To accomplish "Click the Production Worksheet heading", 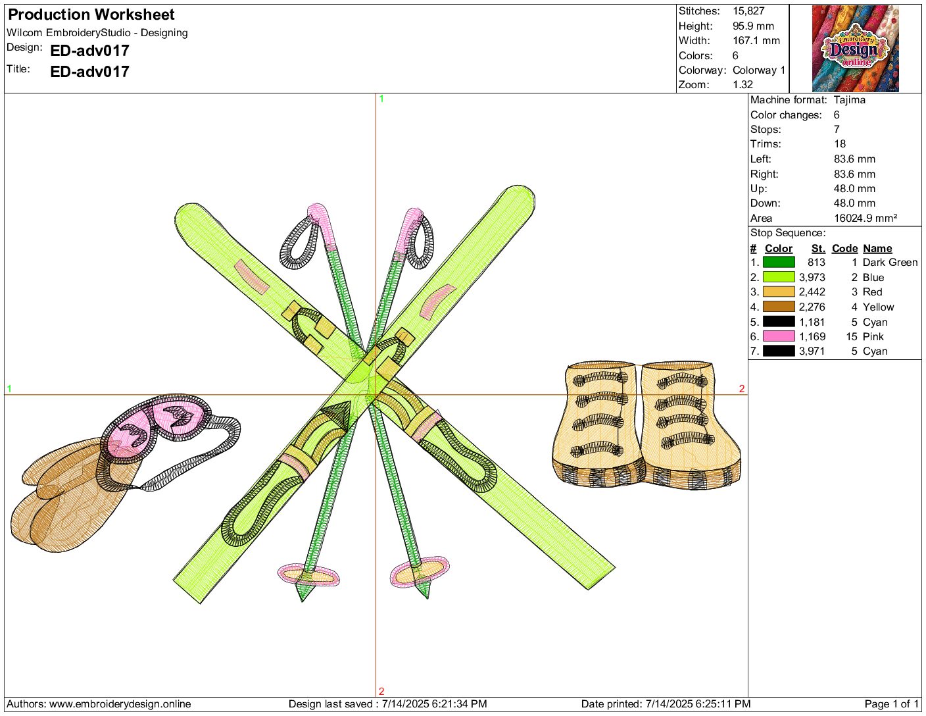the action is pos(91,14).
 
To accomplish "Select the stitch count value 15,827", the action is pos(748,11).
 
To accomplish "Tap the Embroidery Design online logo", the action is pos(855,49).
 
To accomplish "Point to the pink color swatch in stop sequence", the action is pos(779,336).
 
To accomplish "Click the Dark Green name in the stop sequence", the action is pos(890,263).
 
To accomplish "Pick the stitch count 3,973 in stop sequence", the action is pos(812,277).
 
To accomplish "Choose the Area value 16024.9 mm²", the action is pos(865,218).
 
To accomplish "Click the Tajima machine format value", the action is pos(849,100).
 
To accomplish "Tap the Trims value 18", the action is pos(839,143).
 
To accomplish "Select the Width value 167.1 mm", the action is pos(756,41).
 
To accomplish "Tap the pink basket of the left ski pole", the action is pos(308,575).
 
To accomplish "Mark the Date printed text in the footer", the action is pos(666,703).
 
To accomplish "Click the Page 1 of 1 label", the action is pos(892,703).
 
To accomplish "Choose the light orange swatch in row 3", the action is pos(779,292).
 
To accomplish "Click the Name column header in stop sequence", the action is pos(877,248).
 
